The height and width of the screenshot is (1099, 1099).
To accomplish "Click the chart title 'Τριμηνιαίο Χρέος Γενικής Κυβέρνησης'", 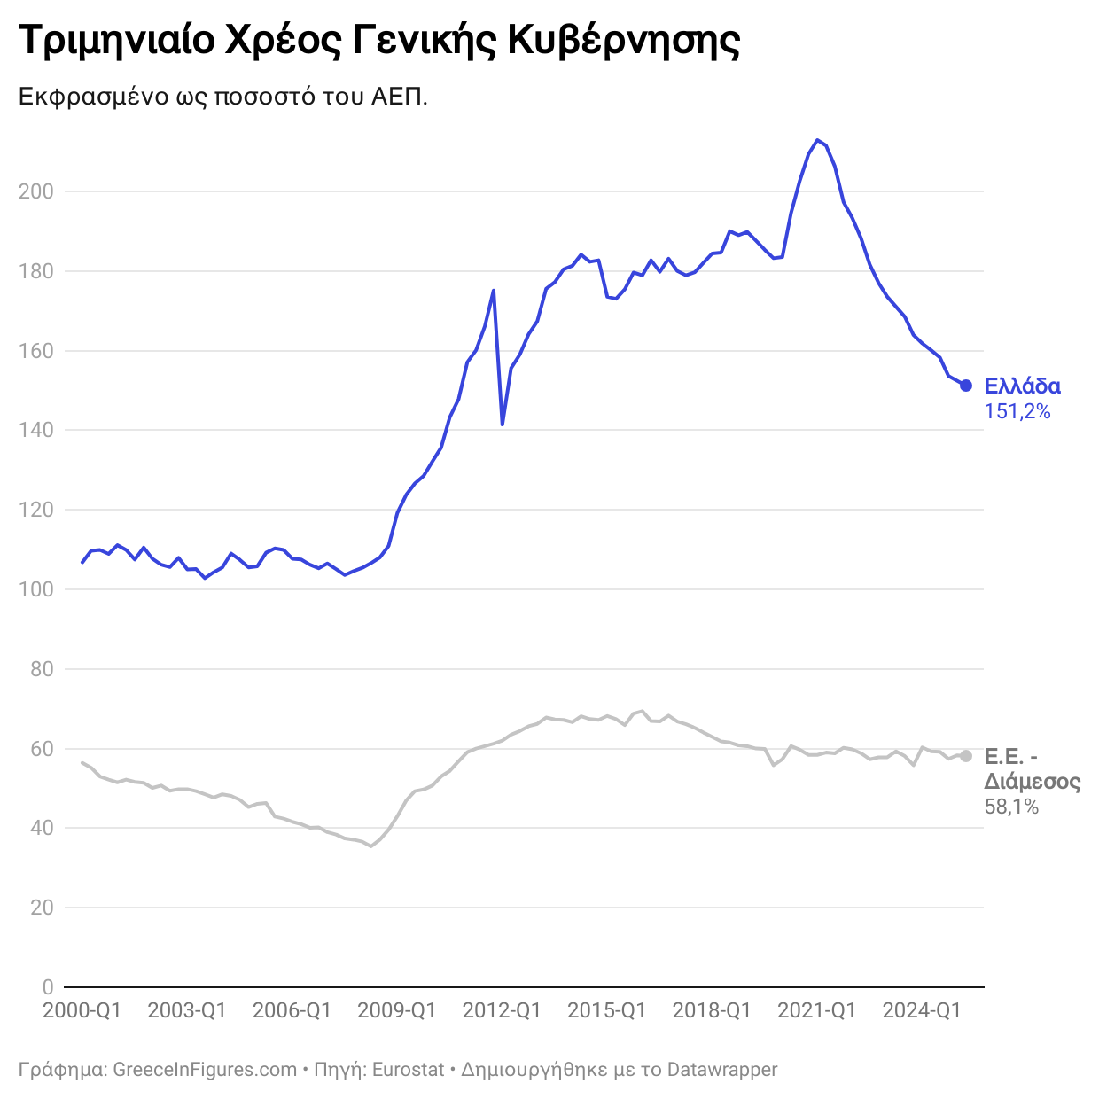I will click(x=378, y=41).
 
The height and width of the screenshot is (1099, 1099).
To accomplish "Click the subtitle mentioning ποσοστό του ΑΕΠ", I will click(x=223, y=96).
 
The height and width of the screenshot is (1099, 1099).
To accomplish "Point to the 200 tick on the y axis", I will click(x=36, y=191).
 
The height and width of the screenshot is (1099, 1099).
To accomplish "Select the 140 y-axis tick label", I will click(x=36, y=430).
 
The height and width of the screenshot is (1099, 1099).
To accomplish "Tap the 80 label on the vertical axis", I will click(x=42, y=669).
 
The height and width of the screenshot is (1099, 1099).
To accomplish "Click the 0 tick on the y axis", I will click(x=48, y=987).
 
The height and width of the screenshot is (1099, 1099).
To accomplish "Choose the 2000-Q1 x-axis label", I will click(x=82, y=1010).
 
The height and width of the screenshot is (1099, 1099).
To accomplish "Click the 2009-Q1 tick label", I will click(x=396, y=1010).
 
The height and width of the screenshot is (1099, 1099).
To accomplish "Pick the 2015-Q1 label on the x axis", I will click(x=606, y=1010).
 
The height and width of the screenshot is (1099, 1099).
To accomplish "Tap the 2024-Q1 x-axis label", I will click(x=922, y=1010).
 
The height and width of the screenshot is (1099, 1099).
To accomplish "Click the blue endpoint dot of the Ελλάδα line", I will click(x=966, y=386).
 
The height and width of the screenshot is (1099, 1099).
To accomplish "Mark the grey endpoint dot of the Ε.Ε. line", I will click(x=966, y=756).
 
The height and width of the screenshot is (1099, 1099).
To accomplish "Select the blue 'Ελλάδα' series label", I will click(x=1022, y=386).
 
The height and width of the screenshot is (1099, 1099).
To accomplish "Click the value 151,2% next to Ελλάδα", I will click(x=1017, y=411).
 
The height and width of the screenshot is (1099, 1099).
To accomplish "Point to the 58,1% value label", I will click(x=1011, y=807).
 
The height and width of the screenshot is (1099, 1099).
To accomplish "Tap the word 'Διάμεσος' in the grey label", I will click(x=1032, y=782).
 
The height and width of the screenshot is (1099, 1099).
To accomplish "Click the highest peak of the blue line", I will click(x=817, y=140).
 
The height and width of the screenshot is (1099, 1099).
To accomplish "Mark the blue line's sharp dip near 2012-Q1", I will click(x=503, y=425).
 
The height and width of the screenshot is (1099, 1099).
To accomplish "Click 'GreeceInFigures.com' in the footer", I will click(x=205, y=1070).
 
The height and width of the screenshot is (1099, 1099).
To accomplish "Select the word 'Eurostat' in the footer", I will click(x=408, y=1070).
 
